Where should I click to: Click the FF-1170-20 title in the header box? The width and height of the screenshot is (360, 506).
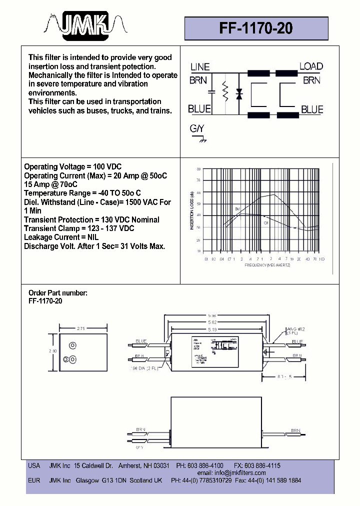[x=256, y=29]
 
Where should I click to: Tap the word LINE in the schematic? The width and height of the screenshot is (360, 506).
[x=200, y=67]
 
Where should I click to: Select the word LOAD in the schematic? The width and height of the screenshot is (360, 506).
[x=311, y=66]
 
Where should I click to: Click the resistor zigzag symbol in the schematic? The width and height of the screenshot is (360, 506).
[x=225, y=92]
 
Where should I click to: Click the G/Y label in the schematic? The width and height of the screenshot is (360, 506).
[x=197, y=129]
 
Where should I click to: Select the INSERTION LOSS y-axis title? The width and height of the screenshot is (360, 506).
[x=191, y=210]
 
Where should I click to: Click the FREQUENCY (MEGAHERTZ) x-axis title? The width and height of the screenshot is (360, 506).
[x=267, y=265]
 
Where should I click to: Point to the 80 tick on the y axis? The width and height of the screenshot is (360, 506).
[x=198, y=169]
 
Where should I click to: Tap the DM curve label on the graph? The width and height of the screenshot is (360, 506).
[x=237, y=208]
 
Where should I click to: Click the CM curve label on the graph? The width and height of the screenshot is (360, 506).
[x=266, y=222]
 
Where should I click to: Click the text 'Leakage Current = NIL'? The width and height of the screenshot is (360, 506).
[x=61, y=237]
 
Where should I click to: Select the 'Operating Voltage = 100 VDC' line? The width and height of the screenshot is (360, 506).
[x=73, y=166]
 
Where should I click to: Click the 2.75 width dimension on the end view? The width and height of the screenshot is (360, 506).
[x=83, y=328]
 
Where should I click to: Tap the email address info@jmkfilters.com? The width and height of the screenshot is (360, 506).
[x=231, y=472]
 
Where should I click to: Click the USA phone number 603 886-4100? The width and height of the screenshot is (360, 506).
[x=207, y=465]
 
